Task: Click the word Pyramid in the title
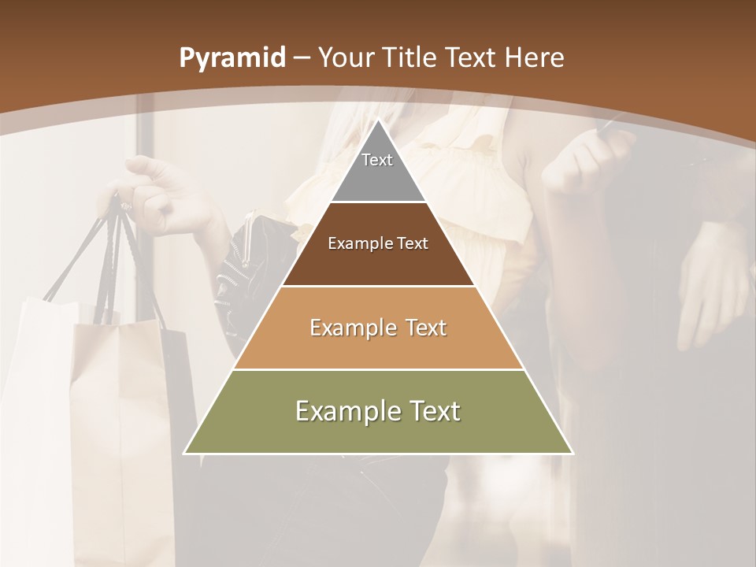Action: coord(232,58)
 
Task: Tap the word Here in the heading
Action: coord(535,57)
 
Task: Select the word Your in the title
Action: coord(345,57)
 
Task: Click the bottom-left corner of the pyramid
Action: coord(186,453)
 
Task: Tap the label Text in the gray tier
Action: coord(377,160)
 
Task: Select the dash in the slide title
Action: coord(302,58)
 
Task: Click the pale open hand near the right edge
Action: coord(713,283)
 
